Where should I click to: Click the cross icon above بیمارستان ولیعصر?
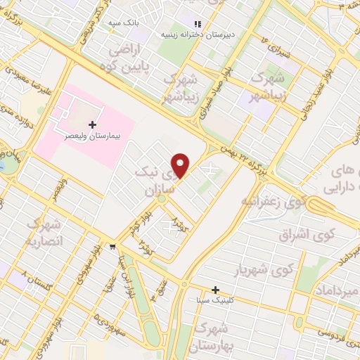point(92,124)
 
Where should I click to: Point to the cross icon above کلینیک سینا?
point(215,290)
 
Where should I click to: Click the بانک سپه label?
point(122,23)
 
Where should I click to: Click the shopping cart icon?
point(112,247)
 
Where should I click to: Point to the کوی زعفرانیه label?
point(274,202)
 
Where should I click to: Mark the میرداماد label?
point(332,290)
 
